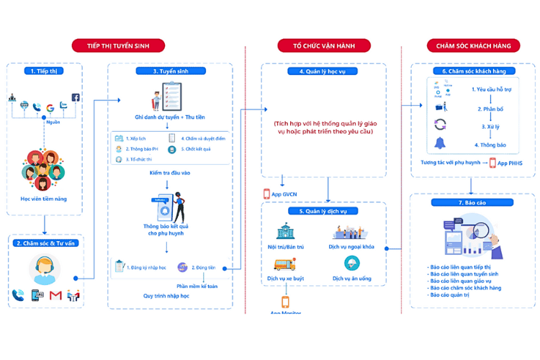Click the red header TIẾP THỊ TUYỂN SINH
pyautogui.click(x=117, y=45)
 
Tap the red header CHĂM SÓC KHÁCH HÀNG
pyautogui.click(x=473, y=45)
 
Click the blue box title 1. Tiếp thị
pyautogui.click(x=44, y=71)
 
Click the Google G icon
pyautogui.click(x=50, y=108)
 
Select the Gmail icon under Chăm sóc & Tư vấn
pyautogui.click(x=55, y=295)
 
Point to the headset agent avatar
pyautogui.click(x=43, y=269)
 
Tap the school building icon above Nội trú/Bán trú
pyautogui.click(x=285, y=231)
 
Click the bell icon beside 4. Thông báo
pyautogui.click(x=440, y=144)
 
